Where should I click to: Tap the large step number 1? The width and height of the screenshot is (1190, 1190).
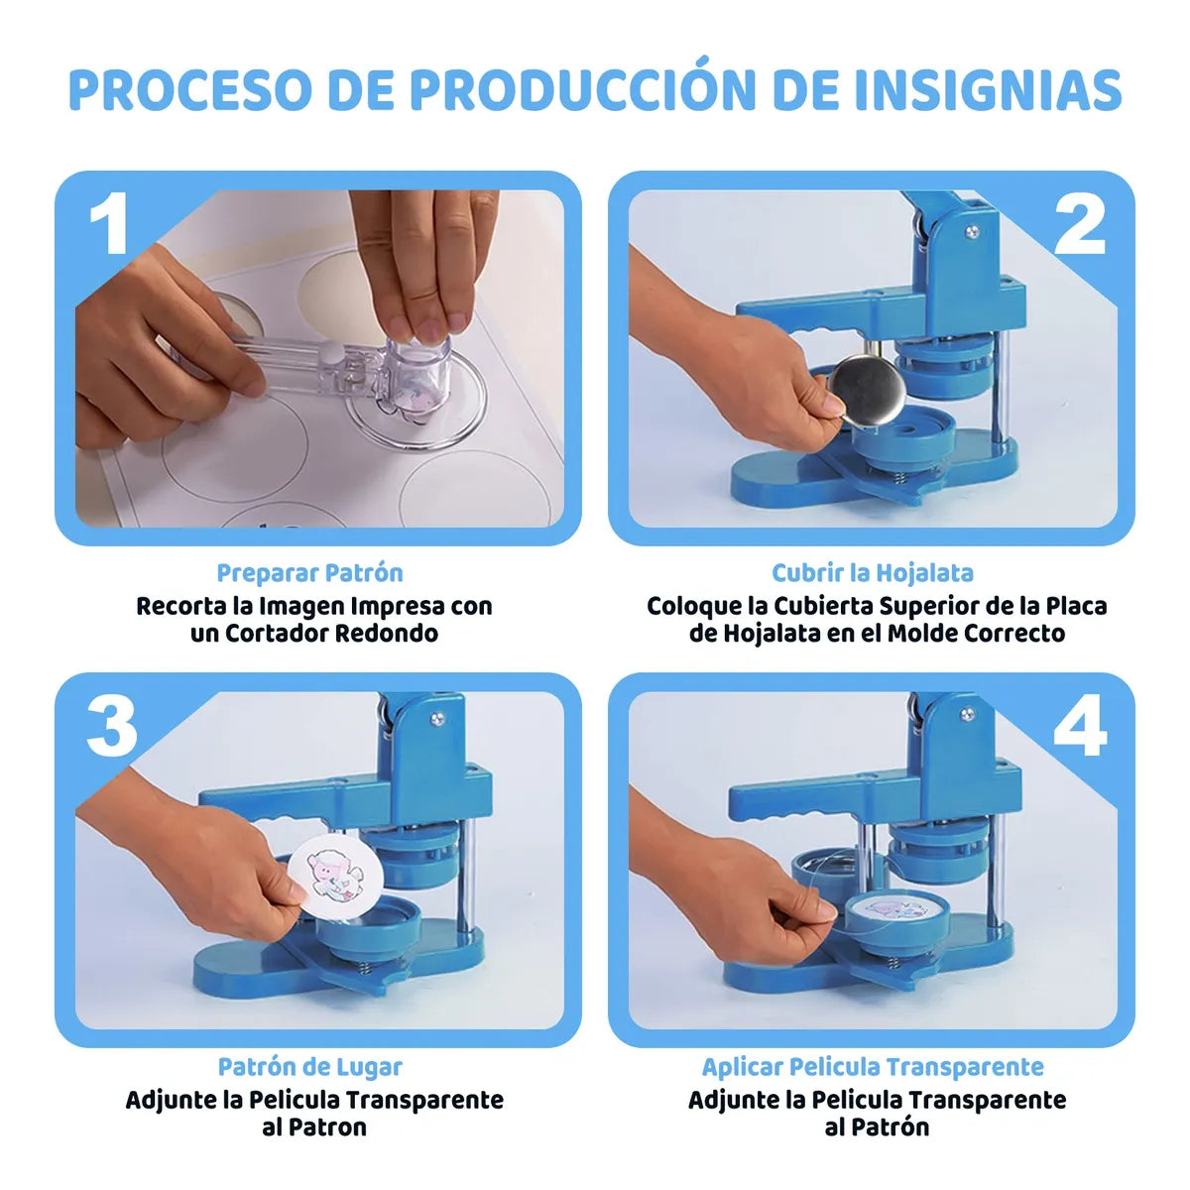(x=108, y=223)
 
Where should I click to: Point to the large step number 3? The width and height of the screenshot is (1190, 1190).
(x=110, y=725)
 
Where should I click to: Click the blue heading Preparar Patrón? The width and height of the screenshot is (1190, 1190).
(x=309, y=573)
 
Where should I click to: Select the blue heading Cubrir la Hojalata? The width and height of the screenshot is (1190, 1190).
(x=873, y=573)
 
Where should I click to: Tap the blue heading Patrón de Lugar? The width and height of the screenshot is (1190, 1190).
(x=309, y=1067)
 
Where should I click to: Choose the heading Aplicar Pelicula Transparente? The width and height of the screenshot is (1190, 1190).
(x=873, y=1067)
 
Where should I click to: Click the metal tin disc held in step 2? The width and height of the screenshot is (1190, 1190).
(x=862, y=391)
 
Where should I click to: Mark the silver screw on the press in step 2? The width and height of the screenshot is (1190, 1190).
(x=972, y=233)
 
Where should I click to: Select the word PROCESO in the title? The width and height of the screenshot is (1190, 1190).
(x=189, y=90)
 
